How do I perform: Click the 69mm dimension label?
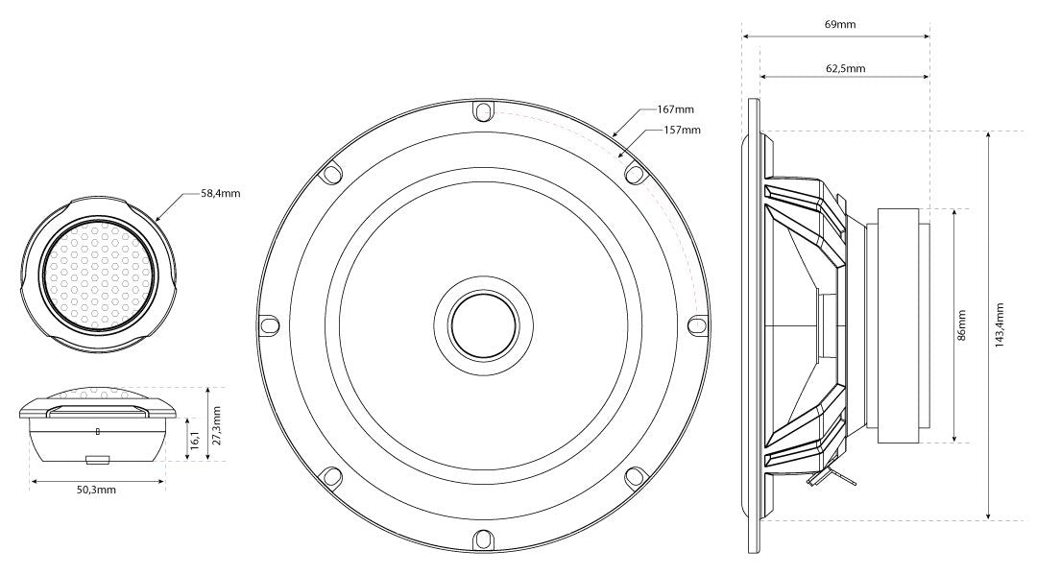click(x=840, y=24)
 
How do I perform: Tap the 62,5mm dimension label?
click(x=845, y=68)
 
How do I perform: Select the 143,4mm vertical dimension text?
click(x=999, y=325)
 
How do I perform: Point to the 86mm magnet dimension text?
click(x=961, y=325)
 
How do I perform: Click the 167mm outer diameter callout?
click(x=675, y=109)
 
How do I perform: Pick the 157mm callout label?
click(x=682, y=130)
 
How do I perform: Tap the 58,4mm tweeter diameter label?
click(x=221, y=194)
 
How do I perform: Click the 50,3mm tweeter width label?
click(x=97, y=490)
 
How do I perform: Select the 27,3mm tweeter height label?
click(x=217, y=425)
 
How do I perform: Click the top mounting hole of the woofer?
click(x=483, y=110)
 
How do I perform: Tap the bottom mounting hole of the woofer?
click(x=483, y=539)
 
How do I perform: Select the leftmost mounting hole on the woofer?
click(x=269, y=325)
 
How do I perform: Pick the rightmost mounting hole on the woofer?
click(x=698, y=324)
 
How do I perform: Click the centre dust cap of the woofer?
click(x=483, y=325)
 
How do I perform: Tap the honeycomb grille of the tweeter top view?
click(x=98, y=275)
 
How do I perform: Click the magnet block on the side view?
click(x=898, y=325)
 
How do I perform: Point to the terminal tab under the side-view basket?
click(x=827, y=478)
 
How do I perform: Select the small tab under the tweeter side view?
click(x=98, y=458)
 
